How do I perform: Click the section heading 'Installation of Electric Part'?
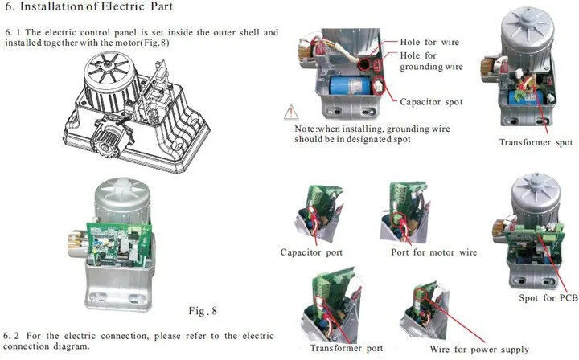coord(96,6)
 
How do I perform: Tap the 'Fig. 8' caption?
coord(203,311)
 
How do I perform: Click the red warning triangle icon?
coord(291,112)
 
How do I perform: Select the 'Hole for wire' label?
coord(429,42)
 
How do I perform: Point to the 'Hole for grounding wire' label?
coord(431,61)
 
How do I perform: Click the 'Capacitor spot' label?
coord(431,102)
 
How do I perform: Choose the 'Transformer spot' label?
coord(536,142)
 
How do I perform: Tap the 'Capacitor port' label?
coord(311,252)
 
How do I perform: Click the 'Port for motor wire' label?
coord(434,252)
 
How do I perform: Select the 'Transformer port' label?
coord(347,348)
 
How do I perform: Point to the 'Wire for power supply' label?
coord(479,349)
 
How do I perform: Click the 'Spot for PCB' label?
coord(548,298)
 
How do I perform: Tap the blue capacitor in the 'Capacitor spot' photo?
coord(350,85)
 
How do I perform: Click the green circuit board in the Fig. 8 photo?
coord(119,243)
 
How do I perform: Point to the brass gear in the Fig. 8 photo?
coord(78,243)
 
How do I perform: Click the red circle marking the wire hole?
coord(364,63)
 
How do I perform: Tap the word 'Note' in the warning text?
coord(305,129)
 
